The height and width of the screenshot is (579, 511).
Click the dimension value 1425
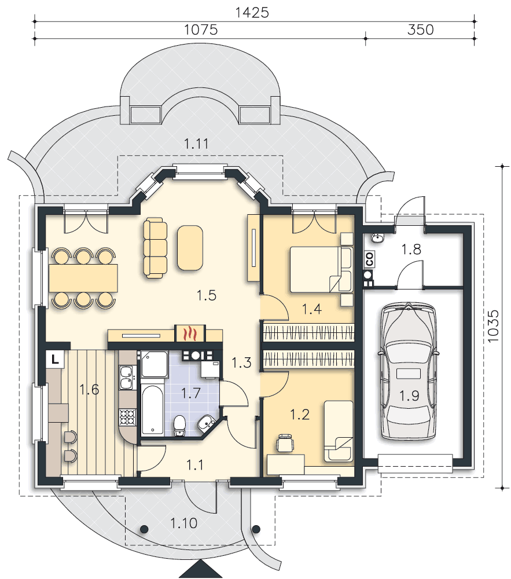pyautogui.click(x=252, y=13)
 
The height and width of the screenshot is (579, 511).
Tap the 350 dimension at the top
pyautogui.click(x=420, y=30)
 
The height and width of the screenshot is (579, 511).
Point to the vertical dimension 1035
pyautogui.click(x=492, y=325)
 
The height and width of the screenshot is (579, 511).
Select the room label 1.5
pyautogui.click(x=206, y=295)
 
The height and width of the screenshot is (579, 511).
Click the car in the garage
pyautogui.click(x=408, y=371)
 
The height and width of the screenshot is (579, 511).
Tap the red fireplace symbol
pyautogui.click(x=190, y=333)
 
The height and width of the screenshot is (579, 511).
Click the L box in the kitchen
pyautogui.click(x=55, y=358)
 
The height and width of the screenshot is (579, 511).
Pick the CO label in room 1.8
pyautogui.click(x=369, y=259)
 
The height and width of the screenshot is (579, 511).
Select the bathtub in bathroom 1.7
pyautogui.click(x=152, y=409)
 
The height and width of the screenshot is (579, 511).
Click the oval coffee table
pyautogui.click(x=190, y=247)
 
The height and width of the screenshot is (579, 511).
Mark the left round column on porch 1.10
pyautogui.click(x=144, y=529)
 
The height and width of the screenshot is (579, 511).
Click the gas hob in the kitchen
pyautogui.click(x=127, y=417)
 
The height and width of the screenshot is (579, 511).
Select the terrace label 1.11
pyautogui.click(x=196, y=144)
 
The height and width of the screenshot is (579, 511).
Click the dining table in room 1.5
pyautogui.click(x=83, y=277)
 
